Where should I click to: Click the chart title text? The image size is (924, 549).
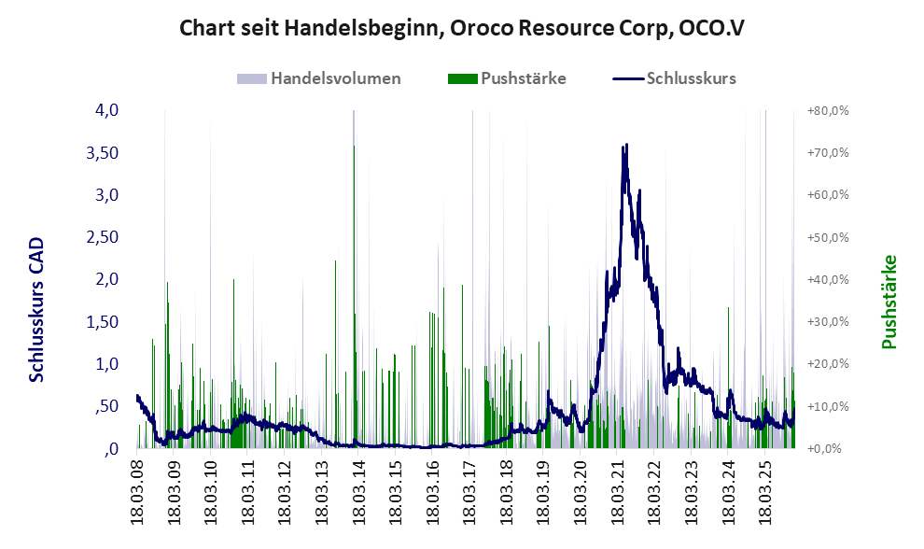coord(461,28)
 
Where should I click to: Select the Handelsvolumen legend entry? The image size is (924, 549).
coord(335,78)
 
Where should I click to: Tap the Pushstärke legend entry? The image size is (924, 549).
coord(523,78)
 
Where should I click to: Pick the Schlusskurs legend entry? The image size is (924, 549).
coord(691,78)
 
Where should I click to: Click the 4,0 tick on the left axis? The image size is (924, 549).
coord(105,110)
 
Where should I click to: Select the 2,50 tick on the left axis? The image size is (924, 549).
coord(100,237)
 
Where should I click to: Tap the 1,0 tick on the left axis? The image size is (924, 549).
coord(105,364)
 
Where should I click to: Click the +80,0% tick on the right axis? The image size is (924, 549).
coord(826,110)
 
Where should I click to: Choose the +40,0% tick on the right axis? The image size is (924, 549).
coord(826,279)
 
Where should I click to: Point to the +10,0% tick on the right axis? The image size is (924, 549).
coord(826,406)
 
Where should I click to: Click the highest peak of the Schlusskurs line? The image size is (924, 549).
coord(626,146)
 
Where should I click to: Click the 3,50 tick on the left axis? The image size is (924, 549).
coord(100,152)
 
